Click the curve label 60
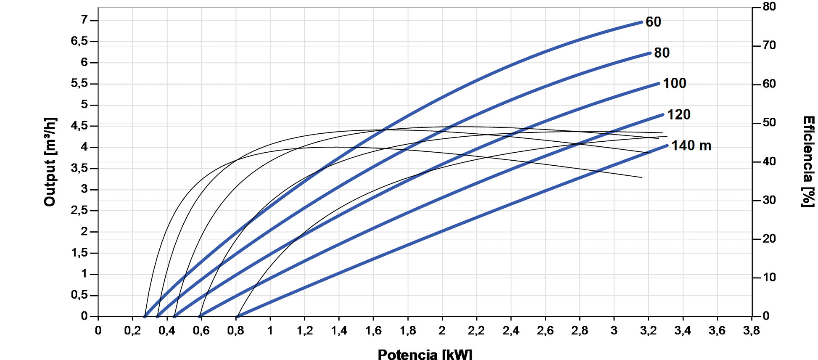click(x=653, y=22)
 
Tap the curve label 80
click(x=662, y=53)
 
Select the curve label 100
click(x=674, y=83)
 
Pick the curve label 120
click(x=678, y=114)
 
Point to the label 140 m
click(x=691, y=146)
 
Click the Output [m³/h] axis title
click(x=50, y=162)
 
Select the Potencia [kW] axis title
click(x=425, y=354)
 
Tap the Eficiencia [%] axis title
click(x=808, y=162)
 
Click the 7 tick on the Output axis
click(x=84, y=20)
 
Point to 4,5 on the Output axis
click(x=79, y=126)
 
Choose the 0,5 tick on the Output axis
click(x=79, y=295)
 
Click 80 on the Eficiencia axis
click(x=769, y=7)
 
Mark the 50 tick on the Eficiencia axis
click(x=769, y=123)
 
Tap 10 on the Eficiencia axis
click(x=769, y=278)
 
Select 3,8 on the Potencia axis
click(x=751, y=331)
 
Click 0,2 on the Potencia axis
click(x=132, y=331)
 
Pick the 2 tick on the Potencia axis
click(x=442, y=331)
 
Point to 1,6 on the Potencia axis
click(x=373, y=331)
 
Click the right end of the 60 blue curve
click(x=642, y=22)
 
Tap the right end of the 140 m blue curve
click(x=667, y=146)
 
